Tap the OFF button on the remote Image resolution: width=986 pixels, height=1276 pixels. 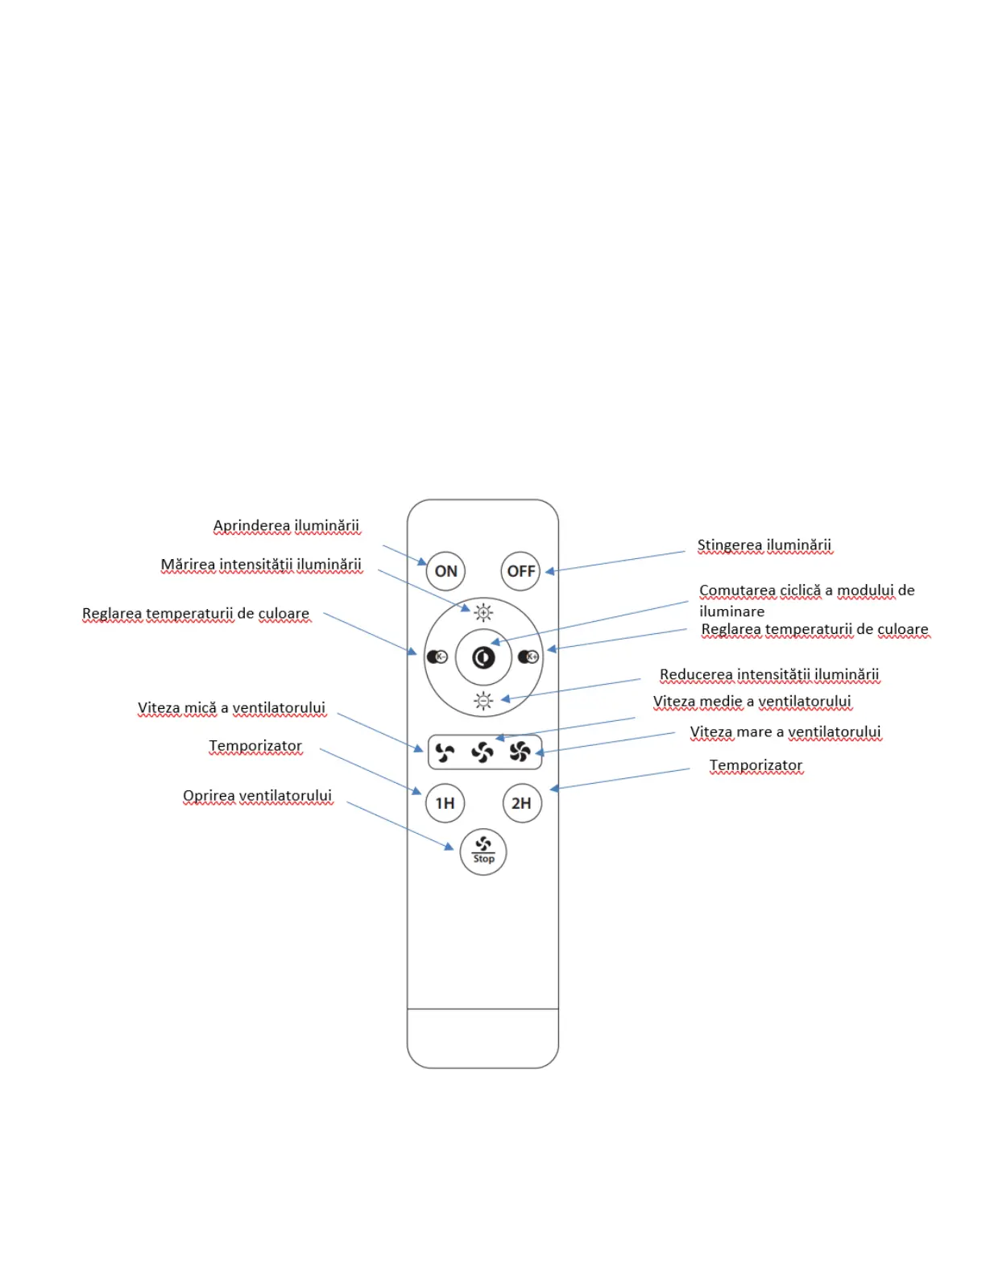pyautogui.click(x=520, y=571)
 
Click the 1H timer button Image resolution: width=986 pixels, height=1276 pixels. pyautogui.click(x=445, y=803)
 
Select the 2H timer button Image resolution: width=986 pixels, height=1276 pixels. pyautogui.click(x=521, y=803)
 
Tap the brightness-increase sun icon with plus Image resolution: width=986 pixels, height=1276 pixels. pyautogui.click(x=483, y=613)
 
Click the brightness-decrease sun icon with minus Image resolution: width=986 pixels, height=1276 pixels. pyautogui.click(x=483, y=701)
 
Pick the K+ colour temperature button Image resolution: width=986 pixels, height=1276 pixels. pyautogui.click(x=528, y=657)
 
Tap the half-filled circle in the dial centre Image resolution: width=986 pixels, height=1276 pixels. pyautogui.click(x=483, y=657)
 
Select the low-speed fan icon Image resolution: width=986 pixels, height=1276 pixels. pyautogui.click(x=445, y=752)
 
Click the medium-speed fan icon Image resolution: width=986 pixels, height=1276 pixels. pyautogui.click(x=483, y=752)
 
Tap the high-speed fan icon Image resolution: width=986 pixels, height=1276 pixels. pyautogui.click(x=520, y=752)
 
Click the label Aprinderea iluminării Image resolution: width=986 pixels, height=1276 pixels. pyautogui.click(x=286, y=526)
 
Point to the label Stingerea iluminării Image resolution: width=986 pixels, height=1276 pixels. pyautogui.click(x=764, y=545)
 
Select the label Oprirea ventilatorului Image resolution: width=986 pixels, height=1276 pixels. pyautogui.click(x=257, y=796)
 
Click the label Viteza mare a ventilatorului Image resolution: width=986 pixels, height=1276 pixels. pyautogui.click(x=785, y=732)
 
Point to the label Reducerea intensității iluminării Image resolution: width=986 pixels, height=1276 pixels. pyautogui.click(x=769, y=674)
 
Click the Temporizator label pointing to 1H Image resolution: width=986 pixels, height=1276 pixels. pyautogui.click(x=255, y=746)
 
